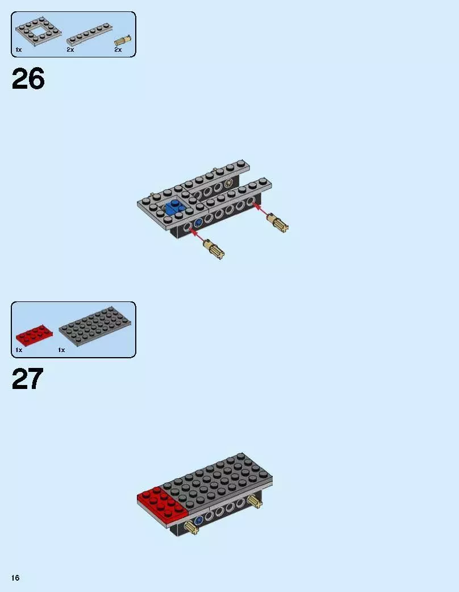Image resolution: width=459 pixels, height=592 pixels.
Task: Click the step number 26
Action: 28,80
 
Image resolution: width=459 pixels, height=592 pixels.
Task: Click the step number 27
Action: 27,379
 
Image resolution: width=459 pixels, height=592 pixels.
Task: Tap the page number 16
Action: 15,578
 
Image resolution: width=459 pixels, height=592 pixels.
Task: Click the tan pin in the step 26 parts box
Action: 123,40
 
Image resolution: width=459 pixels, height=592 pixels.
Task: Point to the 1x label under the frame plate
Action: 18,50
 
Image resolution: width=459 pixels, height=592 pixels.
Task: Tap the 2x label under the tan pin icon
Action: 118,50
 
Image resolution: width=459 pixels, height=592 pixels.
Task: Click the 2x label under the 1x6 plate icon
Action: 70,50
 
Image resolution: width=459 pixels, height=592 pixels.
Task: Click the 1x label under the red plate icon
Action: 18,350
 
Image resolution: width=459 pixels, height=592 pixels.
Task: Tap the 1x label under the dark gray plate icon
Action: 61,350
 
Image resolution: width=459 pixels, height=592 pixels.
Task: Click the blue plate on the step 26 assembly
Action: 176,208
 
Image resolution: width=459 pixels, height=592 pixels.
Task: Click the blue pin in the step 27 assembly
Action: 198,520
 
